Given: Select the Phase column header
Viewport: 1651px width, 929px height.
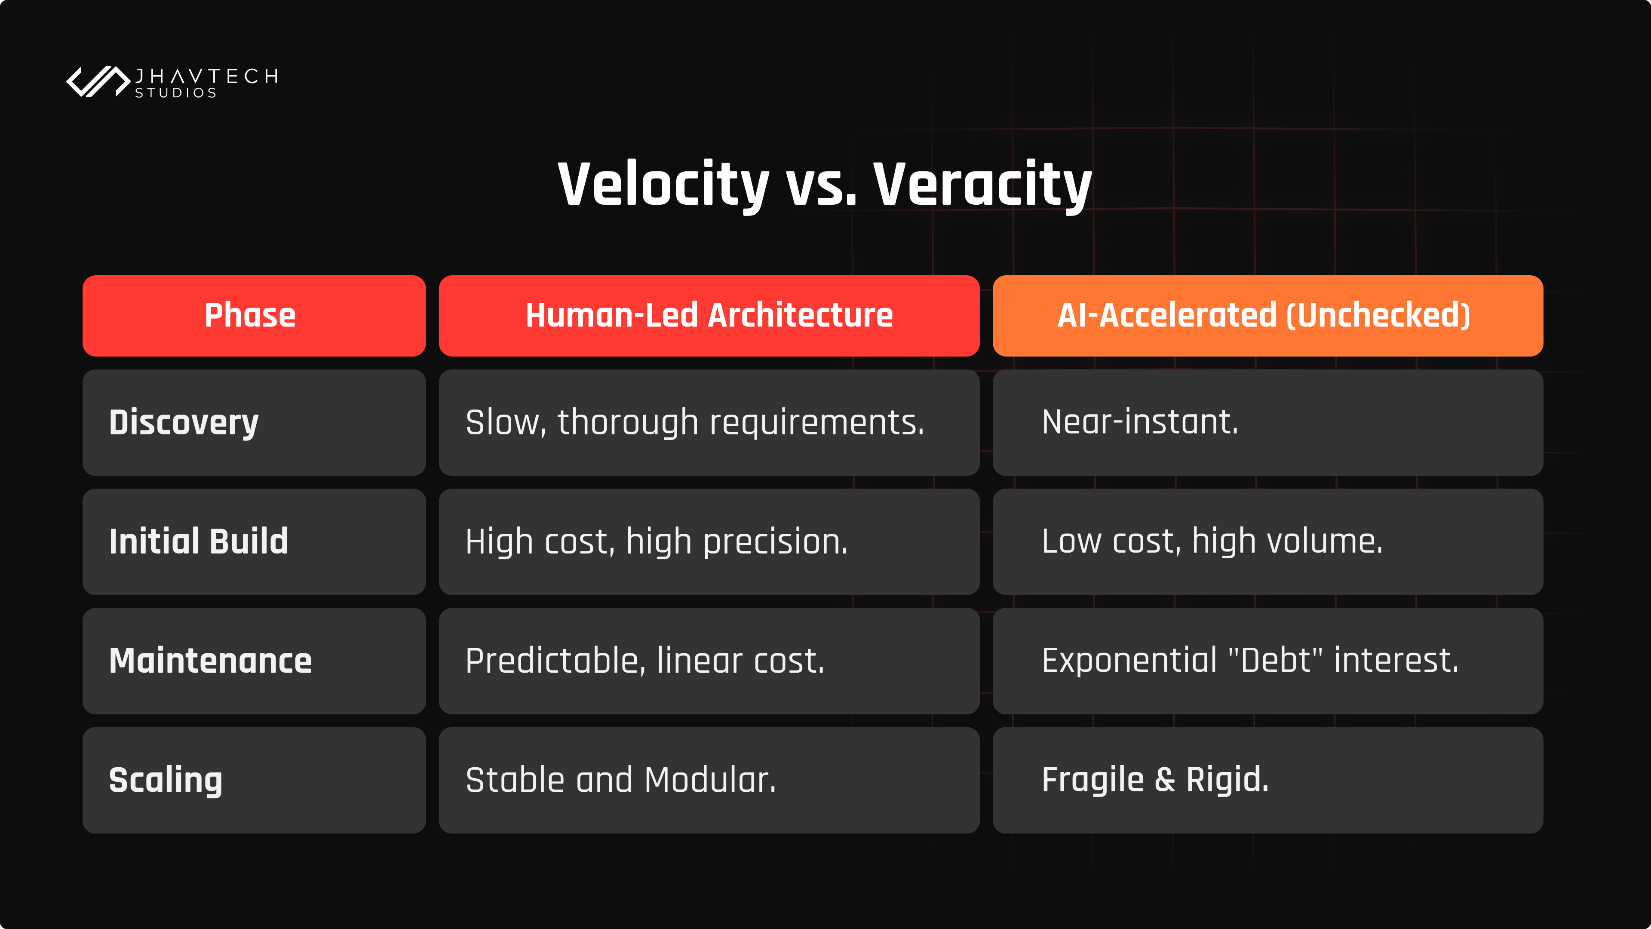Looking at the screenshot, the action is [254, 315].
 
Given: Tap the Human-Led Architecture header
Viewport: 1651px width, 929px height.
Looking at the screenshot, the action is [709, 315].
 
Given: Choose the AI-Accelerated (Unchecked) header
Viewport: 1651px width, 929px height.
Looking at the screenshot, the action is [1268, 315].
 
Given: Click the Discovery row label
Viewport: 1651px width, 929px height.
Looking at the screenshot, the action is [184, 422].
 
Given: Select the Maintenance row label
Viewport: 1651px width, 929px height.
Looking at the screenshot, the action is [210, 661].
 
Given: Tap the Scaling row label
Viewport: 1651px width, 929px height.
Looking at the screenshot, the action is [166, 780].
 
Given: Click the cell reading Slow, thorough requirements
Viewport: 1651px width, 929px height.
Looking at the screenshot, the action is [709, 422].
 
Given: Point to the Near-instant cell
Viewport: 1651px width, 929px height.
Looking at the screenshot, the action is [1268, 422].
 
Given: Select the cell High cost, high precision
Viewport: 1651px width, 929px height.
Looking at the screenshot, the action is [709, 542].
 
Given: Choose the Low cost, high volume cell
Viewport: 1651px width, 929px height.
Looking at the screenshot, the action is [1268, 542].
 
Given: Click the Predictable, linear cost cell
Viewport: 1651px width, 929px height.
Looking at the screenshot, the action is [709, 661].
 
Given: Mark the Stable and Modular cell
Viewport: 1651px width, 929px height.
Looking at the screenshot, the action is [709, 780].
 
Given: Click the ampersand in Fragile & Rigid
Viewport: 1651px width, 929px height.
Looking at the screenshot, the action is [1165, 780].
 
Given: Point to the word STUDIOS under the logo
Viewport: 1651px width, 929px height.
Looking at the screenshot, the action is [175, 93].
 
